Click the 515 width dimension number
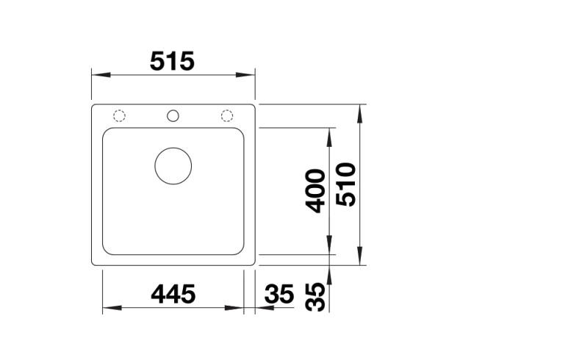point(172,61)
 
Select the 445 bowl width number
point(173,294)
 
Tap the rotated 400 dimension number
point(315,191)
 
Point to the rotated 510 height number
point(345,184)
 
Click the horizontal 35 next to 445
point(278,294)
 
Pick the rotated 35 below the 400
point(315,297)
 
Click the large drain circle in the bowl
point(173,165)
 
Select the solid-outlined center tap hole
point(173,115)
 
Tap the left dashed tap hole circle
point(119,115)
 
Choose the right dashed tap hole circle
point(227,115)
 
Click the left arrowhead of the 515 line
point(98,75)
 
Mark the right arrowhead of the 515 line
point(248,75)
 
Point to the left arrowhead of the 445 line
point(109,307)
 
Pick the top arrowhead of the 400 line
point(330,134)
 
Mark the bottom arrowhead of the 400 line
point(330,248)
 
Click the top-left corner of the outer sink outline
point(93,106)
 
